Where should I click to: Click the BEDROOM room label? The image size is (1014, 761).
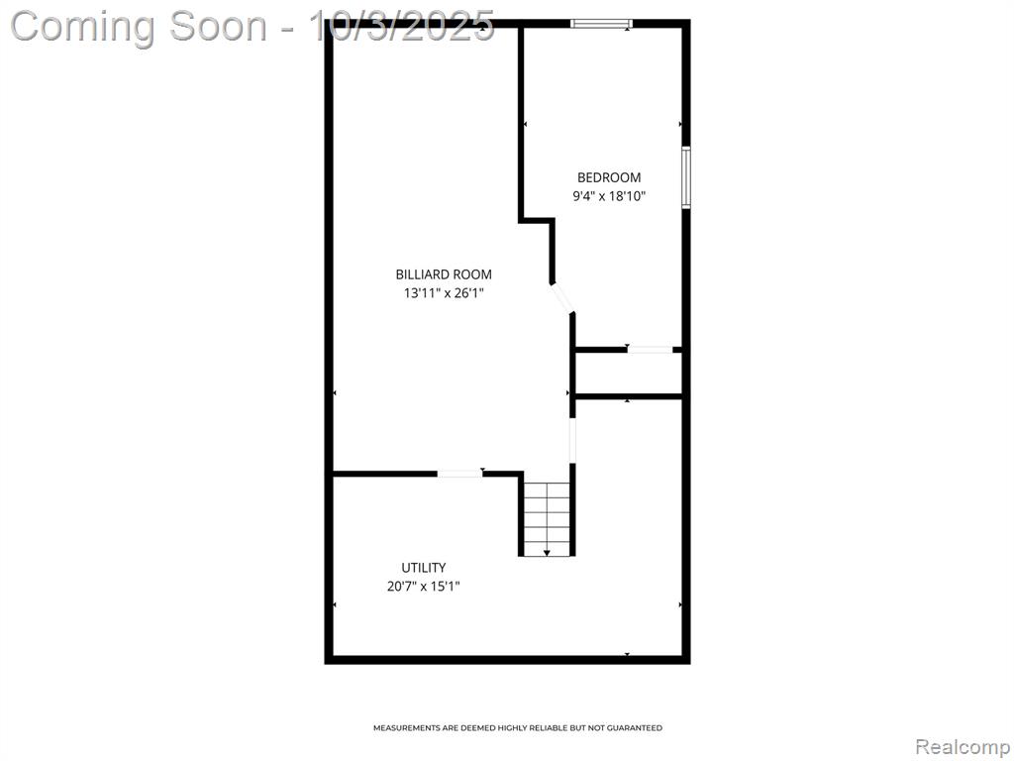[x=609, y=177]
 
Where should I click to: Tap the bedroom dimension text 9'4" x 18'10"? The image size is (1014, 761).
[x=609, y=196]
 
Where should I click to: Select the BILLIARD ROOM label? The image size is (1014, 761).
[x=444, y=274]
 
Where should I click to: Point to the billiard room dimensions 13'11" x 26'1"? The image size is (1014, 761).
[x=444, y=293]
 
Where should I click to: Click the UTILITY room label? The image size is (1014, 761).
[x=424, y=568]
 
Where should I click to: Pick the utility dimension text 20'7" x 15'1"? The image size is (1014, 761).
[x=424, y=587]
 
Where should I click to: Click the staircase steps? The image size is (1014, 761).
[x=547, y=518]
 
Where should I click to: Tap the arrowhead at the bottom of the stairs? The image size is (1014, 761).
[x=547, y=553]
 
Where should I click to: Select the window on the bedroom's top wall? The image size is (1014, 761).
[x=601, y=24]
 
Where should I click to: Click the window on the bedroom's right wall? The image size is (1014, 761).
[x=686, y=177]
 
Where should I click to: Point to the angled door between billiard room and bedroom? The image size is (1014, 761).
[x=561, y=298]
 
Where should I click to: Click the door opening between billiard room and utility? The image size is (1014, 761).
[x=459, y=474]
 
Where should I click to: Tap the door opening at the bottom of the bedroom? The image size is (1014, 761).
[x=650, y=350]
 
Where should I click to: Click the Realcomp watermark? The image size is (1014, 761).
[x=963, y=747]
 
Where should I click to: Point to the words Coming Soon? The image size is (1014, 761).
[x=139, y=27]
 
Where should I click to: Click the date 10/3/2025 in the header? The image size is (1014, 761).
[x=402, y=27]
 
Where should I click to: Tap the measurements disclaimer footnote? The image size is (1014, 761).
[x=517, y=728]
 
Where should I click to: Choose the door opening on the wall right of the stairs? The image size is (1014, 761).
[x=572, y=440]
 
